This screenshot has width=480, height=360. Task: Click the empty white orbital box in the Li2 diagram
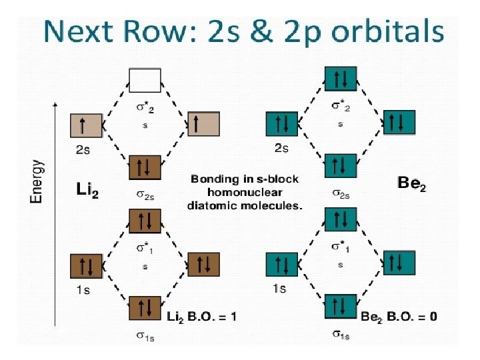[x=145, y=79]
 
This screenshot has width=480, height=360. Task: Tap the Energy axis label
[x=38, y=180]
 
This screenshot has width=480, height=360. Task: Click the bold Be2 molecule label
[x=411, y=182]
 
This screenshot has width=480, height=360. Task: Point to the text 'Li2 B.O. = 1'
[x=201, y=316]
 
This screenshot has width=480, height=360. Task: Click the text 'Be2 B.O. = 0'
[x=399, y=316]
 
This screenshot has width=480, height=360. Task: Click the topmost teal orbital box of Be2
[x=341, y=79]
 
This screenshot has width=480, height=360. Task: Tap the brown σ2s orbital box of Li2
[x=145, y=167]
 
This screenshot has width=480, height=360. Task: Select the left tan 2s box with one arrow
[x=86, y=125]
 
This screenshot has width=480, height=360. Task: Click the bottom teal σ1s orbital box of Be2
[x=341, y=306]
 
